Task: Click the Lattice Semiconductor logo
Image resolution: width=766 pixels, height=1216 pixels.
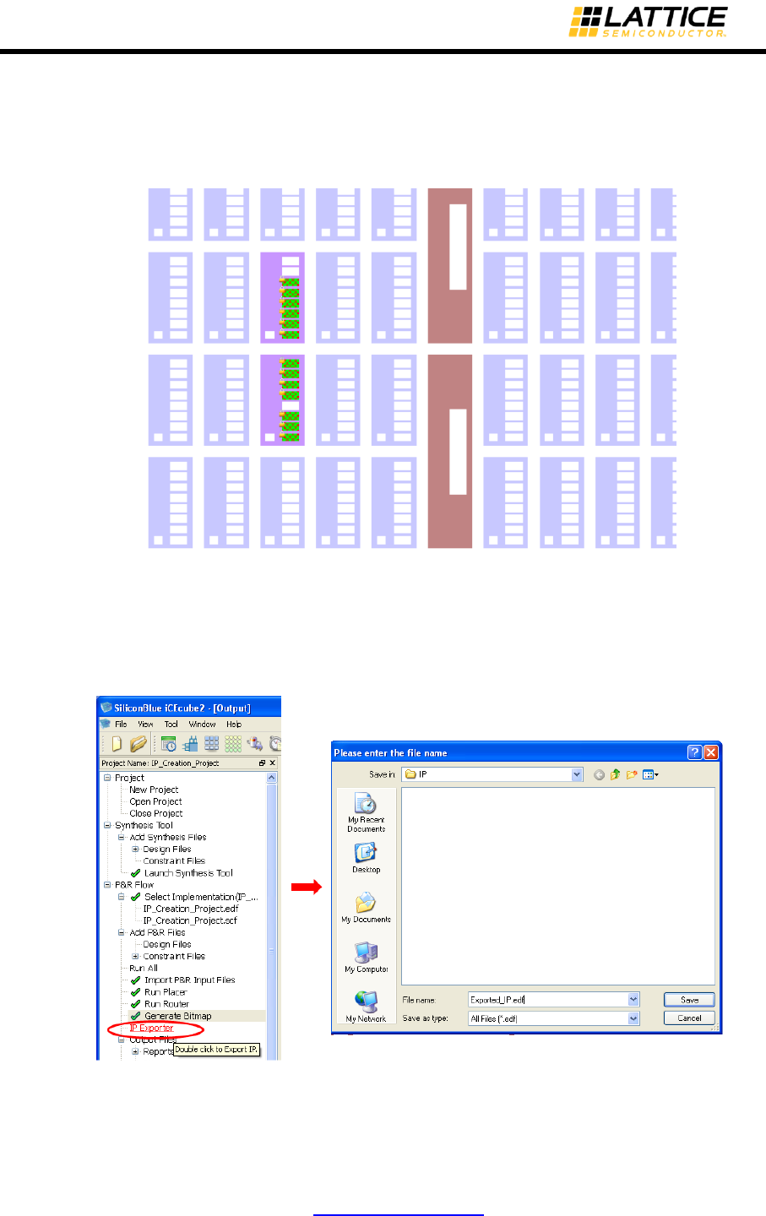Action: click(x=648, y=22)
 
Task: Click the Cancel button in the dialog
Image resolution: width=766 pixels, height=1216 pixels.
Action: click(x=689, y=1018)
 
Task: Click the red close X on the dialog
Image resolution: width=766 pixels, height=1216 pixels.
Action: click(x=711, y=752)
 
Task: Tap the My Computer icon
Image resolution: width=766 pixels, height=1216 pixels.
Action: click(x=366, y=954)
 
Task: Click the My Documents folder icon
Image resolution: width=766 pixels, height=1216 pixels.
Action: click(x=366, y=904)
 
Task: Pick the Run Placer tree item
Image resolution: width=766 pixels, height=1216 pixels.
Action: click(x=166, y=992)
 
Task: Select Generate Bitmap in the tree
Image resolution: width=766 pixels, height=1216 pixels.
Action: click(x=177, y=1016)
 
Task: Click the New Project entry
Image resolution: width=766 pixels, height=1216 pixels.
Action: click(x=154, y=790)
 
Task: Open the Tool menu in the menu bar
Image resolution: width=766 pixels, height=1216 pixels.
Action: click(x=171, y=725)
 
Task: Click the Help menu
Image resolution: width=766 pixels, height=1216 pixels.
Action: click(x=234, y=725)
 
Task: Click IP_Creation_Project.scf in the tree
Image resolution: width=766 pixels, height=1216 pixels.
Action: click(x=190, y=920)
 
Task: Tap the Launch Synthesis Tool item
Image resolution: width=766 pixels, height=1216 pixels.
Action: click(x=188, y=873)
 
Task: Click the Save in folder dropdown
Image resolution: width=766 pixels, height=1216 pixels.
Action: click(x=492, y=774)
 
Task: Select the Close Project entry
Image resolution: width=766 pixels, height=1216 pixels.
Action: click(x=155, y=813)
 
